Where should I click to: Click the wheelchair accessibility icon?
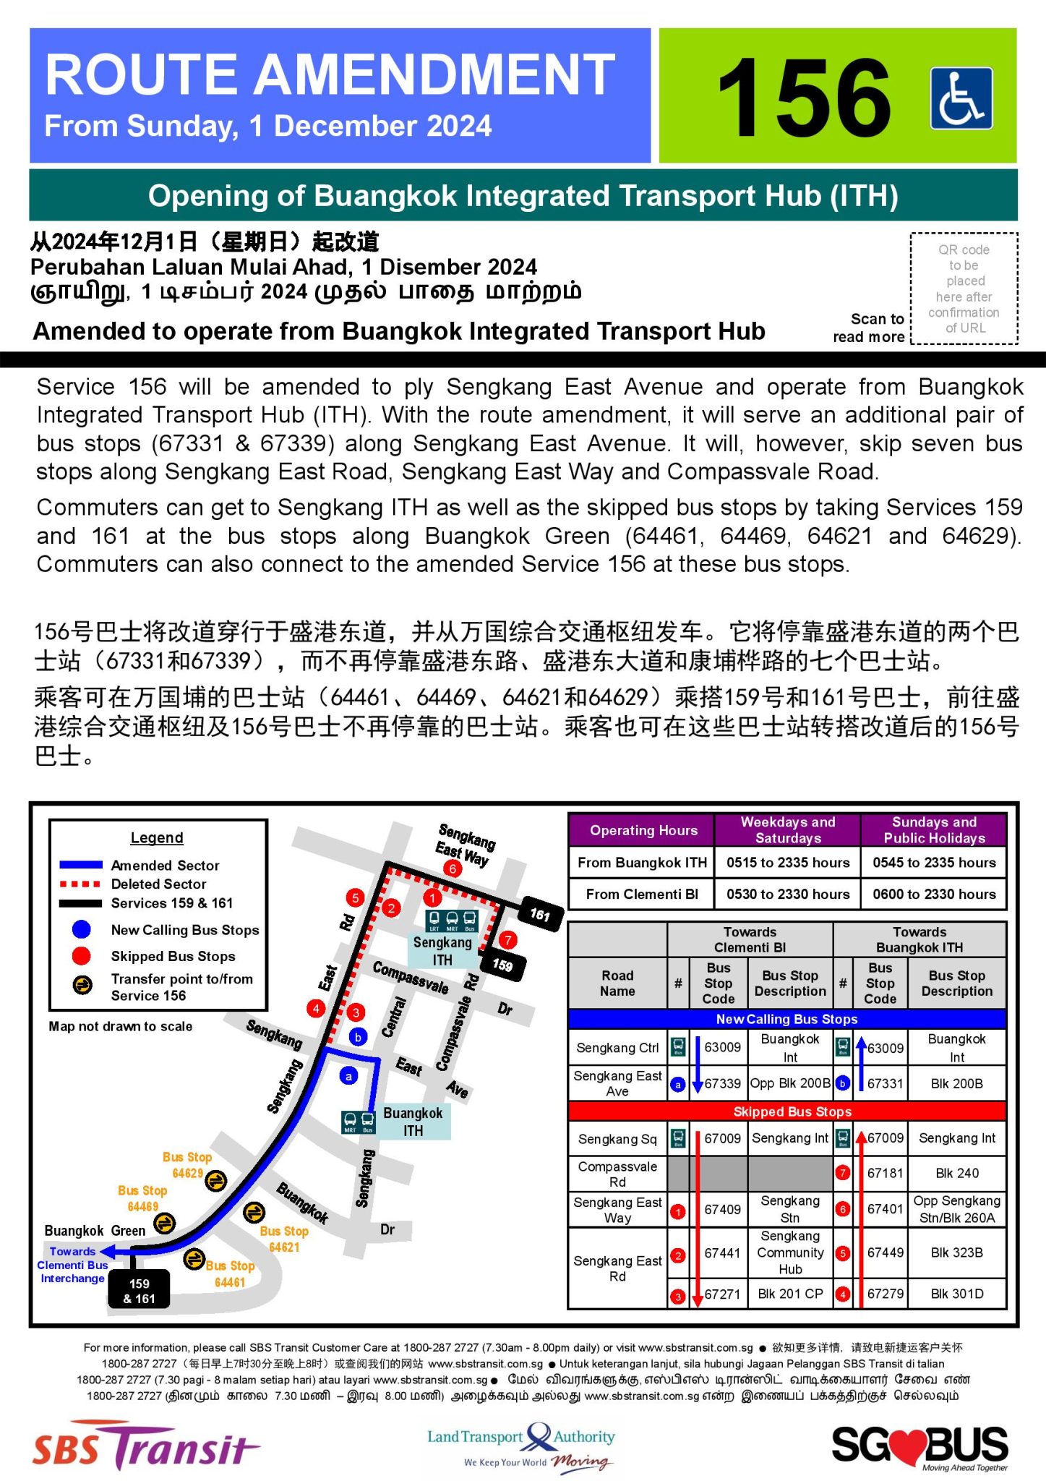[961, 98]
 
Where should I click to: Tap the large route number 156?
[803, 98]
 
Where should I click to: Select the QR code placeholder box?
[964, 289]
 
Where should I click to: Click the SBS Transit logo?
[145, 1446]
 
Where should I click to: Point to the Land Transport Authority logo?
[520, 1446]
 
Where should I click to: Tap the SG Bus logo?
[919, 1446]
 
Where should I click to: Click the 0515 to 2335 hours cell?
[787, 862]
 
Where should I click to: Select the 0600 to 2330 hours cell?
[933, 894]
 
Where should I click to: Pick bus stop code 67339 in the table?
[722, 1083]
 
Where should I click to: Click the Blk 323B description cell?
[956, 1252]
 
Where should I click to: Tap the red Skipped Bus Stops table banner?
[787, 1111]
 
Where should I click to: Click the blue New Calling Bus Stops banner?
[787, 1019]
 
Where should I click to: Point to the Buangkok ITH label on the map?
[413, 1122]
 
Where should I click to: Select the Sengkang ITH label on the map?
[442, 951]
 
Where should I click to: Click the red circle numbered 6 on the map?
[453, 868]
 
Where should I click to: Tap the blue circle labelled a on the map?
[348, 1076]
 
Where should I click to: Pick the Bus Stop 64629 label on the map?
[187, 1165]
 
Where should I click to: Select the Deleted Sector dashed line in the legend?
[80, 884]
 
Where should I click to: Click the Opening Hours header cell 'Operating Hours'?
[643, 830]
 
